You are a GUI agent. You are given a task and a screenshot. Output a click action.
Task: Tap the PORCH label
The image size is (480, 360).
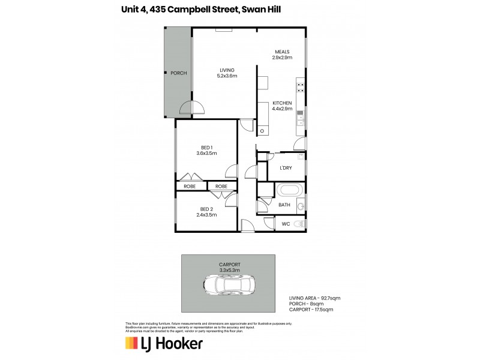click(178, 73)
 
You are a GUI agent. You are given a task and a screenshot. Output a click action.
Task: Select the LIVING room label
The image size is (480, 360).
click(227, 70)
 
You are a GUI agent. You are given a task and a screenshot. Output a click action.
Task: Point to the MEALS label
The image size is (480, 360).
click(282, 52)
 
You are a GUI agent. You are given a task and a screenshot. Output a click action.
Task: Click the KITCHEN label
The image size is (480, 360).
click(282, 103)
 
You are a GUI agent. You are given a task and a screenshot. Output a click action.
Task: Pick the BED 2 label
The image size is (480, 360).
click(206, 209)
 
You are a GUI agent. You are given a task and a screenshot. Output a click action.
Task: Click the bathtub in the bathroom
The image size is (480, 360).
click(290, 191)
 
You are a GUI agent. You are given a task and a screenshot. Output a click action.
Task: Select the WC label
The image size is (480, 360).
click(286, 224)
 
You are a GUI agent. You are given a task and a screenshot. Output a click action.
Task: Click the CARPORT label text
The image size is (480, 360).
click(230, 264)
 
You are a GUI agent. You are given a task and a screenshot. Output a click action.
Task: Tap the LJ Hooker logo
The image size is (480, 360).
click(163, 344)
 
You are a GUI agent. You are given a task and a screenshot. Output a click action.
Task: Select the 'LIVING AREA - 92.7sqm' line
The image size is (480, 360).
click(315, 298)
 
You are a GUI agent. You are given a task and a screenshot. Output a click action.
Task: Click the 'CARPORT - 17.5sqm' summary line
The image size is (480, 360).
click(311, 310)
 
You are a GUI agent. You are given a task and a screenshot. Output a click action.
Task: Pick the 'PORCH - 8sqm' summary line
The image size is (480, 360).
click(305, 304)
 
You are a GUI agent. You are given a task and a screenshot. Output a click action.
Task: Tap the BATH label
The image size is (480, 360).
click(284, 205)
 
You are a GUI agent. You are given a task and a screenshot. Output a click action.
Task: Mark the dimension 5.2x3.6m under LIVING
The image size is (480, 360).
click(227, 76)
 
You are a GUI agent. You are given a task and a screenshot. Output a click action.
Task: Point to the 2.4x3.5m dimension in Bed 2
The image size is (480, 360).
click(206, 215)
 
